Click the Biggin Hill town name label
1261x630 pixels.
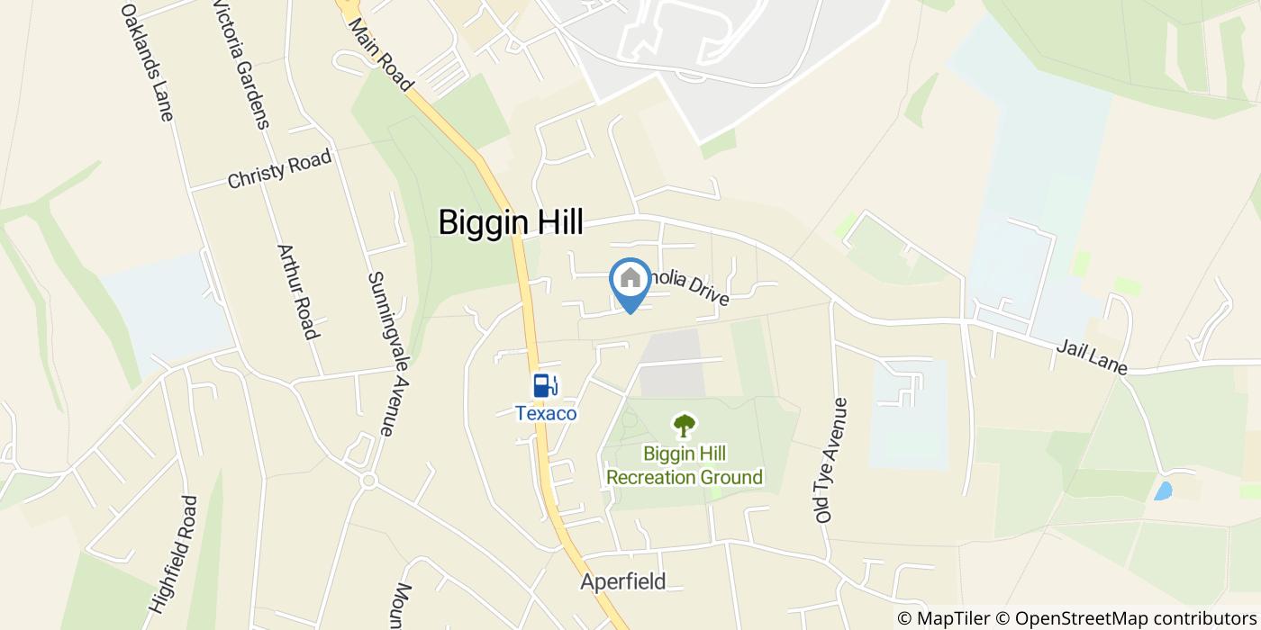tap(511, 222)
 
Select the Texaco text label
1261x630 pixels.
tap(546, 413)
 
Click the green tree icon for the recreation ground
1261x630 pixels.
tap(685, 425)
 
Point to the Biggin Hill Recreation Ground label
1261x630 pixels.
tap(685, 465)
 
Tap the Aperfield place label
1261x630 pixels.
tap(623, 581)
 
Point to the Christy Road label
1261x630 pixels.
tap(279, 168)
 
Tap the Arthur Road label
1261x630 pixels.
tap(298, 292)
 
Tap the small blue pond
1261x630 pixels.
tap(1163, 490)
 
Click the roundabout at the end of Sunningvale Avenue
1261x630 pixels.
tap(367, 481)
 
